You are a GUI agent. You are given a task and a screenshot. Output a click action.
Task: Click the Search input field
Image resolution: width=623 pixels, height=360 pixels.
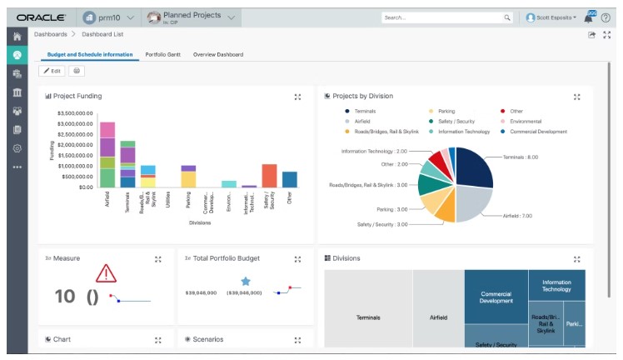point(441,17)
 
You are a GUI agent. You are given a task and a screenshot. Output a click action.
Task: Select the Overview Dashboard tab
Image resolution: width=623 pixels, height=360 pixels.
point(218,54)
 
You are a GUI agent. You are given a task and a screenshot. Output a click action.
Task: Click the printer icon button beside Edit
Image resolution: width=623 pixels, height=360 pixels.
point(77,72)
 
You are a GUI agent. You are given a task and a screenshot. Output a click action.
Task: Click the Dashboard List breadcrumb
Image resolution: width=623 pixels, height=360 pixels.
point(103,34)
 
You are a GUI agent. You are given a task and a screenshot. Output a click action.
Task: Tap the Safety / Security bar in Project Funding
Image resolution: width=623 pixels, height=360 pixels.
point(269,176)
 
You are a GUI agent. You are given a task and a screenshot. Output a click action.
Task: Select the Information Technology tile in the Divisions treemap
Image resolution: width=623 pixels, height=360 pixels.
point(556,285)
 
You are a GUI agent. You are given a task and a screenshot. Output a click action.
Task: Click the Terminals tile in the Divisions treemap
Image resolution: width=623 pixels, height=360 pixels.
point(368,317)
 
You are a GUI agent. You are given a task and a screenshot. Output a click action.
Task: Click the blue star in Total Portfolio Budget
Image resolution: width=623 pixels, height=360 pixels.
point(246,282)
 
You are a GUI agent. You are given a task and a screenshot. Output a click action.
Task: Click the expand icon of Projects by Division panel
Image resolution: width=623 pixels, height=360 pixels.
point(576,97)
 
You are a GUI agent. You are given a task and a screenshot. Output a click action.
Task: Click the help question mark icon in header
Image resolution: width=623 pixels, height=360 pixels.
point(606,17)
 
